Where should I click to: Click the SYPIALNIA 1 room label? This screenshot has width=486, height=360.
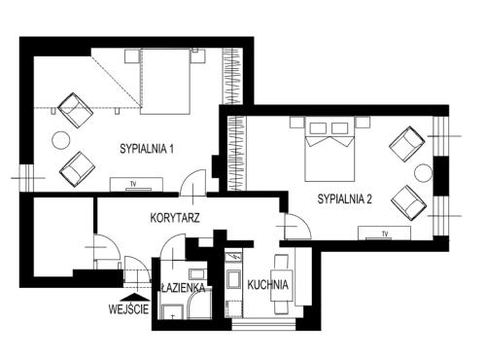147,149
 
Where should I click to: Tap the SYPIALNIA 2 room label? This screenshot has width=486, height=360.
344,198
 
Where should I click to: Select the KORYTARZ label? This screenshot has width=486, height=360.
175,218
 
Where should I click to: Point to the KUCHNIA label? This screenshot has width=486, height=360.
267,285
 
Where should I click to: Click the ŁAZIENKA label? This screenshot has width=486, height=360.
183,288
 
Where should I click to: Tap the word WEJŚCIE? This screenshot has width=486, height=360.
128,309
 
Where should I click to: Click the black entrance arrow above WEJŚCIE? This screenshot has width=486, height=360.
133,297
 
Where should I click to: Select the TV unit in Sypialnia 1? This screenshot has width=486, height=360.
136,185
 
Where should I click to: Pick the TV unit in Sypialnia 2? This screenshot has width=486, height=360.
384,234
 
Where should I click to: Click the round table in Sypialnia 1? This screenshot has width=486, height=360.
61,140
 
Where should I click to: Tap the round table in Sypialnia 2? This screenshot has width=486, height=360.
423,173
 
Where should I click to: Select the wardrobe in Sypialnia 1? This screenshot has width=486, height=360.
232,76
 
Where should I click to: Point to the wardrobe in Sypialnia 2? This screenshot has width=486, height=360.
236,153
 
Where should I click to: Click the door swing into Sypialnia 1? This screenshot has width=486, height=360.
193,183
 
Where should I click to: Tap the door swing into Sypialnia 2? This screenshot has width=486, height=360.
297,227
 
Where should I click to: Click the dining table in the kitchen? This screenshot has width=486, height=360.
282,284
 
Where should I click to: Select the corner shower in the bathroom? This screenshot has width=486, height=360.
198,308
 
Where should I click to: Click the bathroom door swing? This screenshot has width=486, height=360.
173,246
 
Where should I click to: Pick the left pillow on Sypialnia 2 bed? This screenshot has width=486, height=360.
318,128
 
